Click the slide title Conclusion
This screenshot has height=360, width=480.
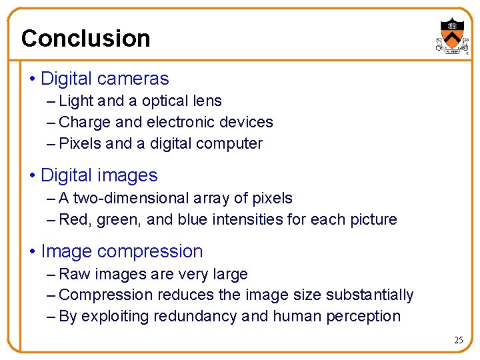coord(85,38)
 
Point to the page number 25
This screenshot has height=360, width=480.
coord(458,340)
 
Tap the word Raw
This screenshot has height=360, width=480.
coord(73,274)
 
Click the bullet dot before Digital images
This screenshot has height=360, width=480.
coord(33,176)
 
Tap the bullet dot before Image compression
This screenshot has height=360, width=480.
coord(33,252)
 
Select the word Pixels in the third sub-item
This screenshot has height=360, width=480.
coord(80,143)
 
